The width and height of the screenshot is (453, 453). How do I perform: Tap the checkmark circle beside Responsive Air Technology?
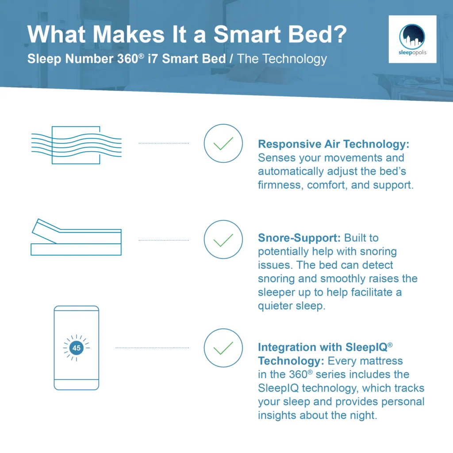pos(223,143)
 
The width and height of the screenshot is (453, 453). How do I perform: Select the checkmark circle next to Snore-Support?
pos(223,240)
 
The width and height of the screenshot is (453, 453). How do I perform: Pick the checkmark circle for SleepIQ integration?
pos(223,348)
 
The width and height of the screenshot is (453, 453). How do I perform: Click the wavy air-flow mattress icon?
pos(76,145)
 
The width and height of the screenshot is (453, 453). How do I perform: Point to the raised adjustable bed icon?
pos(76,237)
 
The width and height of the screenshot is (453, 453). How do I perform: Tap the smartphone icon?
pos(77,348)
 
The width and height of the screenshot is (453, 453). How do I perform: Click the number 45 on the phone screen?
pos(77,348)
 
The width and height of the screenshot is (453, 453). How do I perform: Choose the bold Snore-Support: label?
pos(299,238)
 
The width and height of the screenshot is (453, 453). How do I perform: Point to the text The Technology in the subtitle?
pos(282,59)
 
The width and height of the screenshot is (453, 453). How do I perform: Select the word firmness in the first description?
pos(279,185)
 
